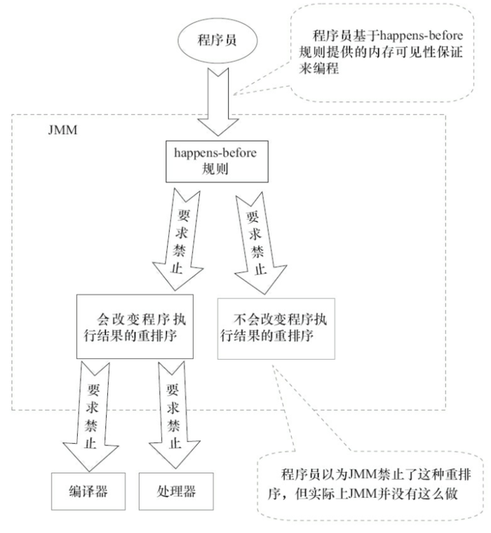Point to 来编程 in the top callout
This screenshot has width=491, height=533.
326,72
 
